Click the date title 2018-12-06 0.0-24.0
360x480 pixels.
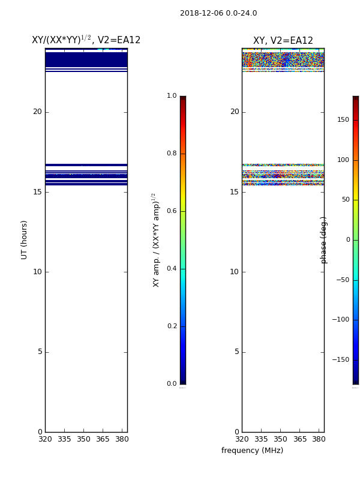pos(218,13)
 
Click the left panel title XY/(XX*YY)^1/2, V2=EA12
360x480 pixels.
pos(86,40)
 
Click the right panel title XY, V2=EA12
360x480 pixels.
pos(283,40)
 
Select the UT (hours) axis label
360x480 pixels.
pos(24,240)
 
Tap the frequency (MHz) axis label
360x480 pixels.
pos(252,451)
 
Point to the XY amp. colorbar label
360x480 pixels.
pos(156,240)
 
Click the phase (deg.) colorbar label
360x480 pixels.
pos(323,240)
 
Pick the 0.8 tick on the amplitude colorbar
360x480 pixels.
pos(172,154)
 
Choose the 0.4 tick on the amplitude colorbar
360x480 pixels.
pos(172,268)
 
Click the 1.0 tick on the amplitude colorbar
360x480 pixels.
pos(172,96)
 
